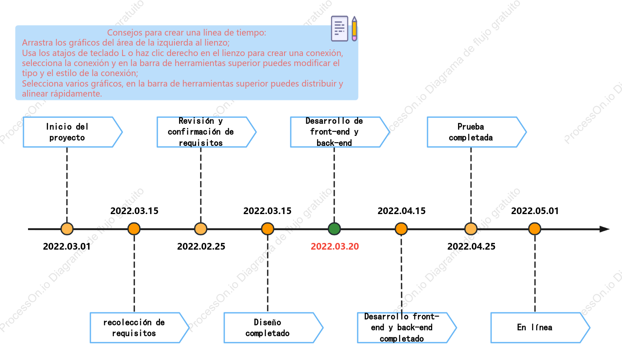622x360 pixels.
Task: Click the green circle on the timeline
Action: click(334, 229)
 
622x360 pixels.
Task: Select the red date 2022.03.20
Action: click(335, 246)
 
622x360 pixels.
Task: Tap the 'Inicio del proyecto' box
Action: click(72, 132)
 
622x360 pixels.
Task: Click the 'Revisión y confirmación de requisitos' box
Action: click(206, 132)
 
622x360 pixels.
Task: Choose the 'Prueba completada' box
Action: click(476, 132)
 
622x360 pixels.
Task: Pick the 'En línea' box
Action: click(540, 328)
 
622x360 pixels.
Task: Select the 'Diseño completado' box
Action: click(273, 328)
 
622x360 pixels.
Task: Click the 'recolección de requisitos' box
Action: click(139, 328)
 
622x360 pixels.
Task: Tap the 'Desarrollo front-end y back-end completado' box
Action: click(407, 328)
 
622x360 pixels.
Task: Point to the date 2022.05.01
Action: click(535, 211)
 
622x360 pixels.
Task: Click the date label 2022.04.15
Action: click(401, 211)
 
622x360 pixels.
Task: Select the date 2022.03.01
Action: click(67, 246)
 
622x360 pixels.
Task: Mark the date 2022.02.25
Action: click(201, 246)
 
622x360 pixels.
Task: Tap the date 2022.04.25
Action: click(471, 246)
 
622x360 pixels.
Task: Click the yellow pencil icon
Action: click(354, 28)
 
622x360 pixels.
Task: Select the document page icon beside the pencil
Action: click(339, 28)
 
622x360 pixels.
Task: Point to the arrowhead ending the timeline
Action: click(604, 229)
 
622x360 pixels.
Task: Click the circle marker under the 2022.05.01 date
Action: click(535, 229)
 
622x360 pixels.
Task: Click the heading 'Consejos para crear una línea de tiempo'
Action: click(187, 33)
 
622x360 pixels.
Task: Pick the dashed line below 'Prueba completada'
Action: click(471, 185)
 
